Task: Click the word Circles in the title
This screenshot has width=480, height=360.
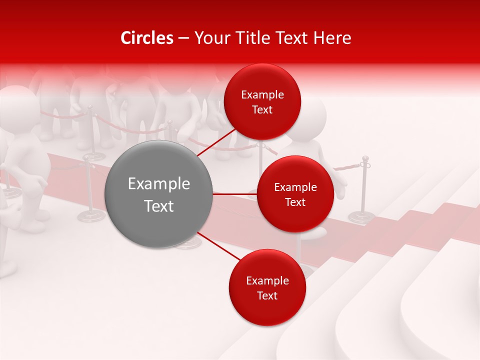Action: pos(146,38)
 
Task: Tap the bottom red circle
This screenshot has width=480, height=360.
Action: pos(267,310)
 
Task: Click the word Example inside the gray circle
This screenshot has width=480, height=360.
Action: pos(159,184)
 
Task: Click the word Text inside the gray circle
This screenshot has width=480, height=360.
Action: pos(159,206)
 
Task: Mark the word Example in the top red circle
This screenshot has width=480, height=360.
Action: pos(262,95)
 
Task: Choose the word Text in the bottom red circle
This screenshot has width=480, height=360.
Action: pos(267,296)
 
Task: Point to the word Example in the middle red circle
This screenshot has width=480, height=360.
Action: pos(295,187)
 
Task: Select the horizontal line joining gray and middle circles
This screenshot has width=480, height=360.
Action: pos(235,193)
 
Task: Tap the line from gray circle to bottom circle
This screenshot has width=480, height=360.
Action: pos(215,245)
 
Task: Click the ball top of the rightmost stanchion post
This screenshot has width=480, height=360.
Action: pos(365,159)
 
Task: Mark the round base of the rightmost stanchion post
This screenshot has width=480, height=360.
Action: pos(361,217)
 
